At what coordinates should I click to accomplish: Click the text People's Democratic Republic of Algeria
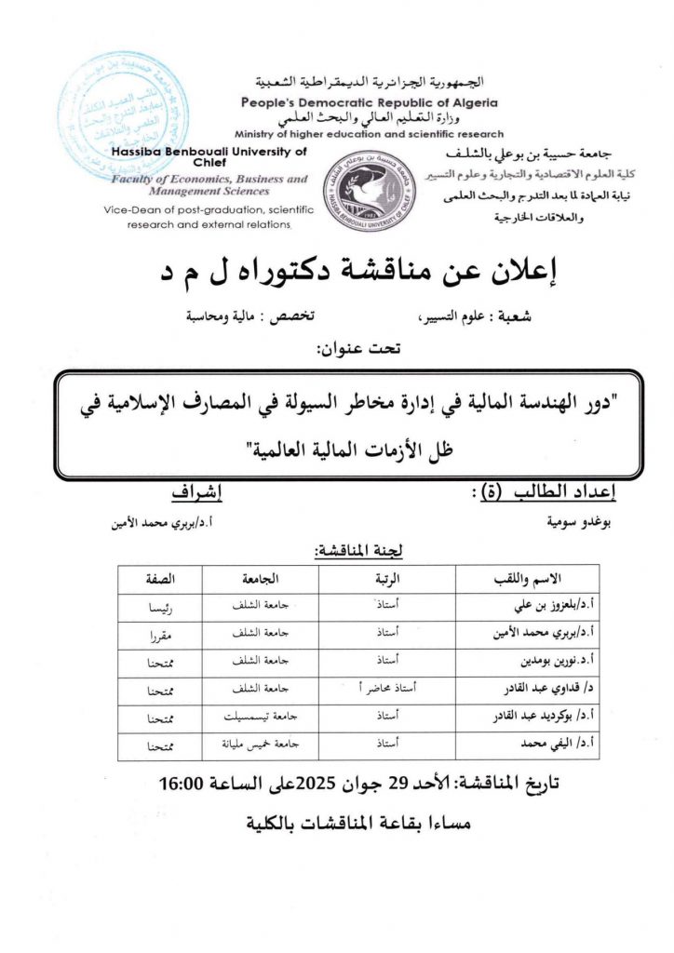coord(369,102)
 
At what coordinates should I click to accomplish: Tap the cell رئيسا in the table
coord(161,606)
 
